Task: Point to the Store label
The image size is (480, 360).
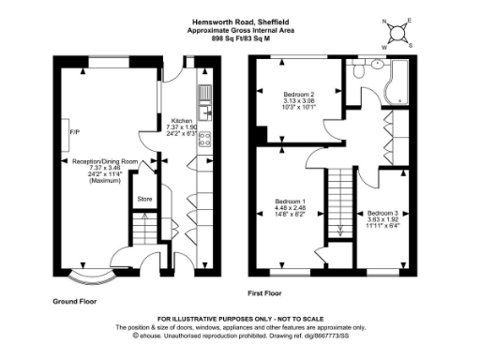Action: coord(144,199)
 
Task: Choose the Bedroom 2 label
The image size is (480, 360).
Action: coord(299,94)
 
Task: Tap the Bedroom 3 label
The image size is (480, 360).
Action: coord(382,213)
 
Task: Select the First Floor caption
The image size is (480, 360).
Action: coord(267,292)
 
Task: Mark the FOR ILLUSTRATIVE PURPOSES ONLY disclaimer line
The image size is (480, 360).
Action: coord(239,320)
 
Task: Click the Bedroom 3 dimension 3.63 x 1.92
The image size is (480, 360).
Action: coord(382,220)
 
